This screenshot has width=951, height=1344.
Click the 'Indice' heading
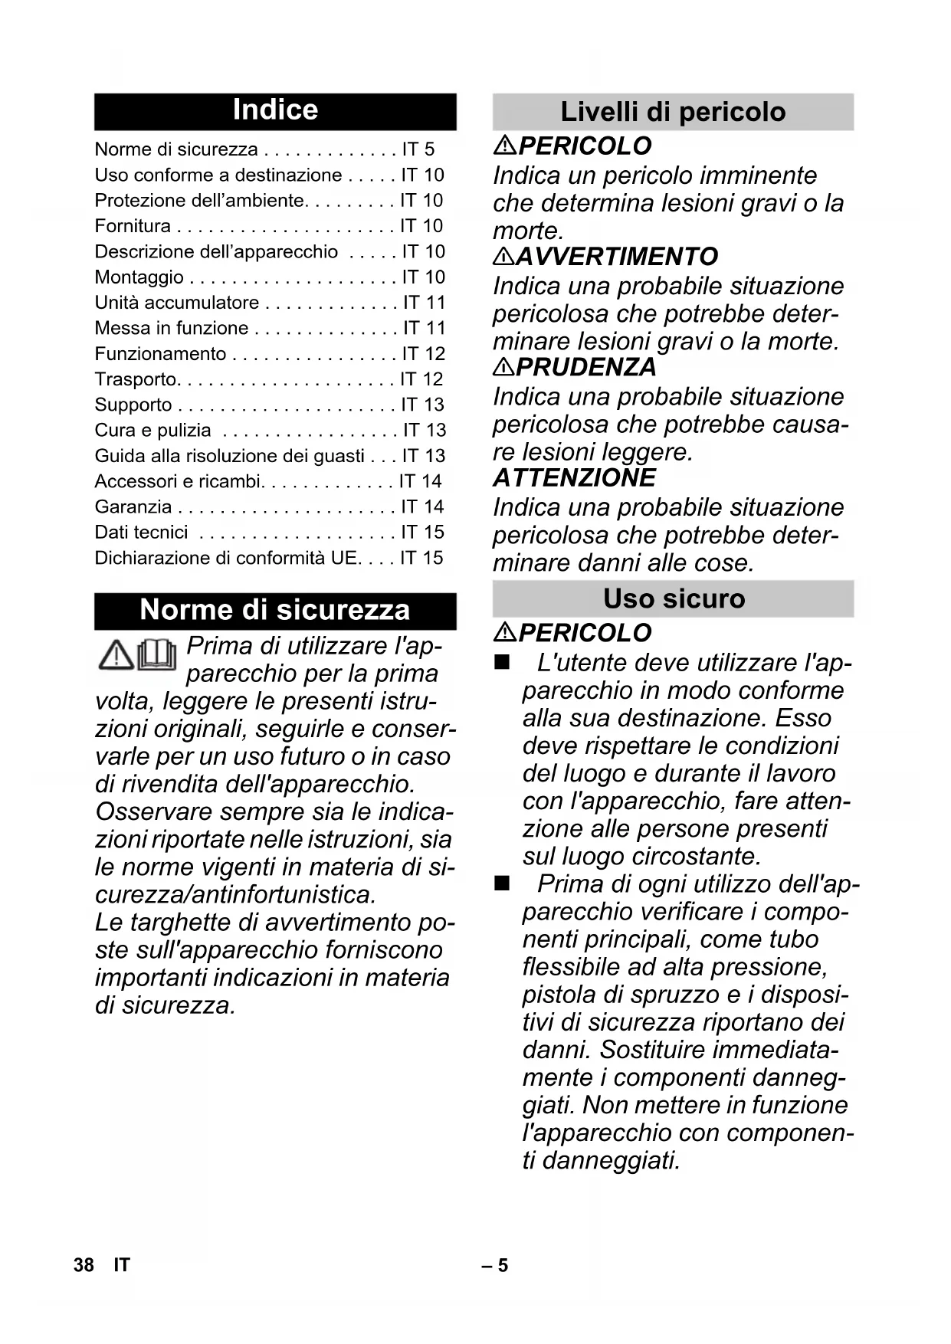click(275, 110)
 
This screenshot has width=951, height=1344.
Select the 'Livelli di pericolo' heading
click(673, 112)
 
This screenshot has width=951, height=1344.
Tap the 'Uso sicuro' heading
click(674, 598)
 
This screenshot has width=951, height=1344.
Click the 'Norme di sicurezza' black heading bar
click(275, 610)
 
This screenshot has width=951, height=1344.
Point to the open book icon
click(157, 655)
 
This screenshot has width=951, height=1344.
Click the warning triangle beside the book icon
click(116, 655)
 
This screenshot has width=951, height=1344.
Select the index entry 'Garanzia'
click(133, 507)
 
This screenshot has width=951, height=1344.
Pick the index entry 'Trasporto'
click(136, 379)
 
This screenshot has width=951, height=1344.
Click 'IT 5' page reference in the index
click(418, 149)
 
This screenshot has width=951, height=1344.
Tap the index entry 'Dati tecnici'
click(141, 533)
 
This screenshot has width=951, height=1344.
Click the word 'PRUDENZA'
click(587, 367)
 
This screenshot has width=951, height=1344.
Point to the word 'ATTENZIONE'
click(575, 478)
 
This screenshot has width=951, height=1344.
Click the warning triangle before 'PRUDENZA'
click(503, 367)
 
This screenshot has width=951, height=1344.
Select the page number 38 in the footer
click(84, 1265)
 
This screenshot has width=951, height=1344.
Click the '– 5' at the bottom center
click(495, 1265)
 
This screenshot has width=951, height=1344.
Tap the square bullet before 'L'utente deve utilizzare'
click(502, 663)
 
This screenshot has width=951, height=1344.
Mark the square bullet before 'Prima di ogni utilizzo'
click(502, 884)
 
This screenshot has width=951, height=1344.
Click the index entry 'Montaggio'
click(139, 277)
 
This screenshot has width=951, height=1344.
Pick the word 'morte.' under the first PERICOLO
click(528, 231)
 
